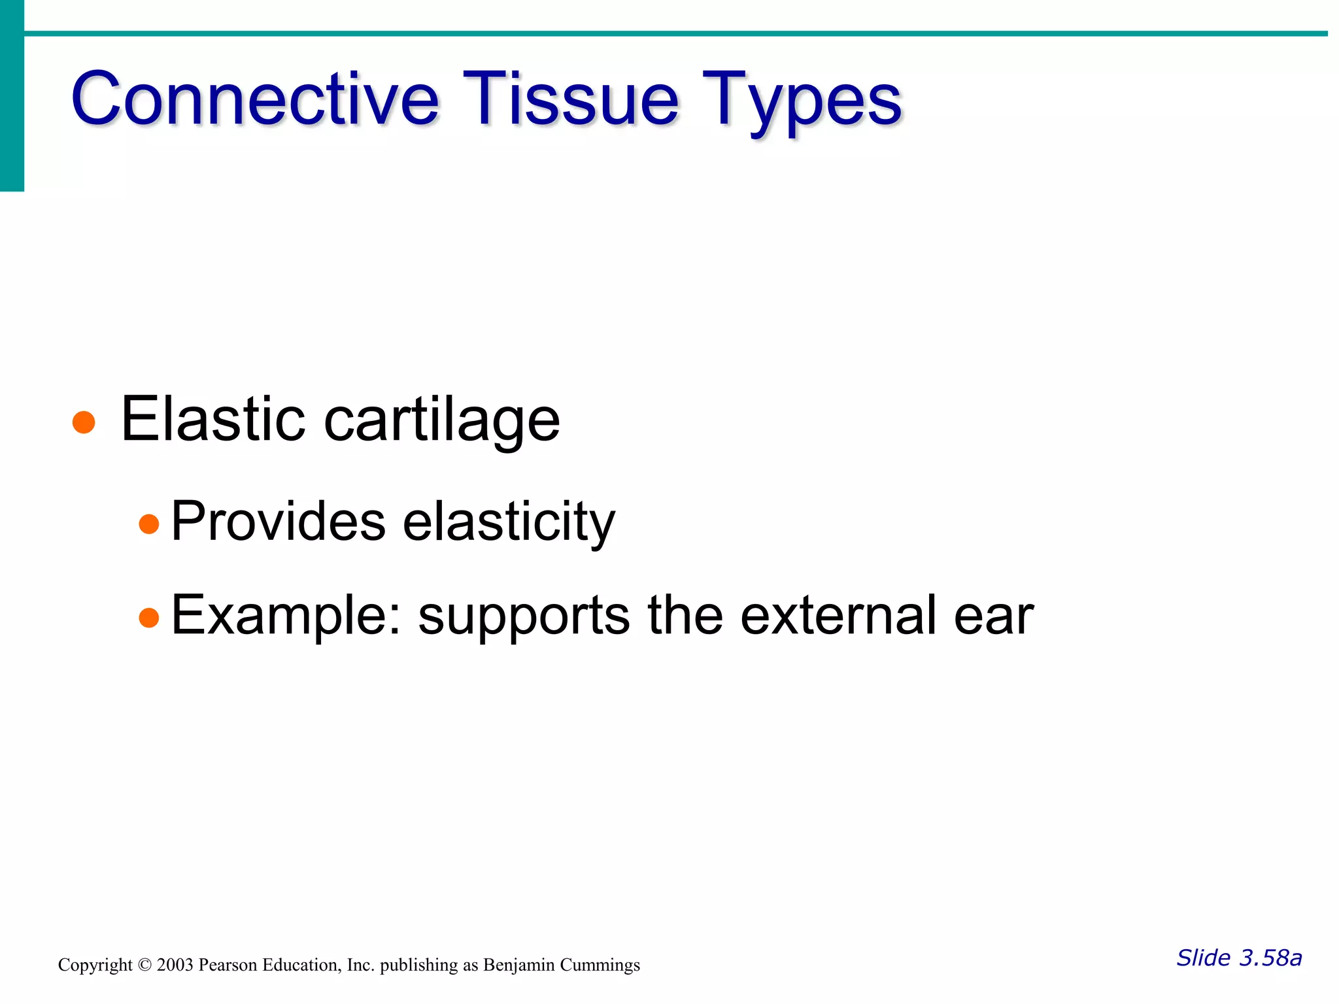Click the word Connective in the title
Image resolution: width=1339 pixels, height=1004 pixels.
(255, 99)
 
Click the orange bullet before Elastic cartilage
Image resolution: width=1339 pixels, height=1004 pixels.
(84, 422)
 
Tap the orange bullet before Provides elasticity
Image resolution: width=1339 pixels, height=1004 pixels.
(149, 524)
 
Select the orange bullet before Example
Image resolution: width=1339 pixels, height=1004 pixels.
(149, 618)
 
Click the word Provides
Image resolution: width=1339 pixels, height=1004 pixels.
(278, 522)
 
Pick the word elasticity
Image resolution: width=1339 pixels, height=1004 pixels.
(509, 523)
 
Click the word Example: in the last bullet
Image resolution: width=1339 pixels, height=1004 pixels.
(285, 616)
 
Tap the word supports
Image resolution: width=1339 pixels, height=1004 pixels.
(524, 618)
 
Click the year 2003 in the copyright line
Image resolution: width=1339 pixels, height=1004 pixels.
(175, 965)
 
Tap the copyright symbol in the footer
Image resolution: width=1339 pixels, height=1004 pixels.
(144, 965)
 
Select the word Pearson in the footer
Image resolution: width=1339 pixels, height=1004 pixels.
(228, 965)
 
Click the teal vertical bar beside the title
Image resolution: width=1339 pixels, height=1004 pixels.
(12, 95)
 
